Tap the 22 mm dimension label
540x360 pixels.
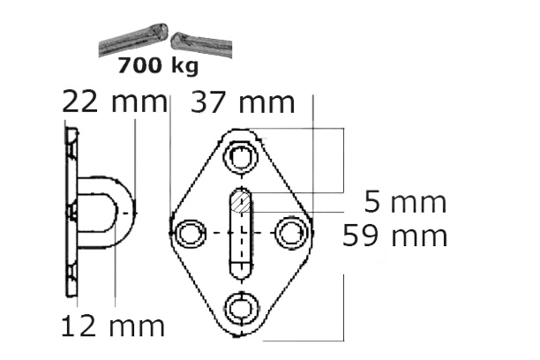click(114, 102)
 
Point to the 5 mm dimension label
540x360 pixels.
click(406, 203)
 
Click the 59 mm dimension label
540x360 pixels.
click(396, 236)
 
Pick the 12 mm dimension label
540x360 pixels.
click(112, 326)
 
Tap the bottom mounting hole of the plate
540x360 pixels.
click(240, 306)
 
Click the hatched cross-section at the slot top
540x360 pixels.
click(240, 205)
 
